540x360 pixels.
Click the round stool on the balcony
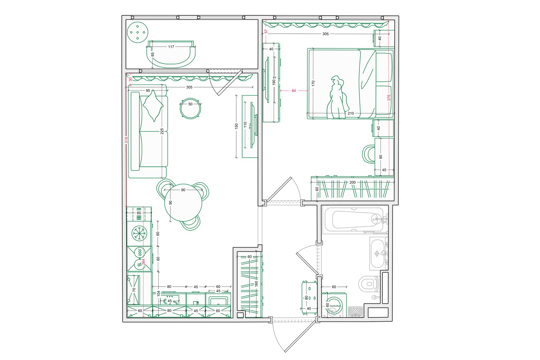click(138, 32)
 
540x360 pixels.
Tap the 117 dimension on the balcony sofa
click(171, 47)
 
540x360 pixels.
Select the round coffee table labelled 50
click(190, 108)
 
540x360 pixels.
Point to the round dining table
click(183, 202)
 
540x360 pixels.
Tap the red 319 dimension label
click(126, 140)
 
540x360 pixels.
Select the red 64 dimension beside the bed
click(294, 91)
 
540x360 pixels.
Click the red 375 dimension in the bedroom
click(389, 98)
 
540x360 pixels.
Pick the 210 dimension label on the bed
click(351, 113)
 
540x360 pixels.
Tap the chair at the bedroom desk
click(369, 154)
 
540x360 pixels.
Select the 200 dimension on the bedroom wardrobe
click(352, 182)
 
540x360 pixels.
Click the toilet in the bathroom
click(369, 284)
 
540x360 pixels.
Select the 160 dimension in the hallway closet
click(256, 284)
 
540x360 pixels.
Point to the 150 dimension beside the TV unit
click(236, 126)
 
